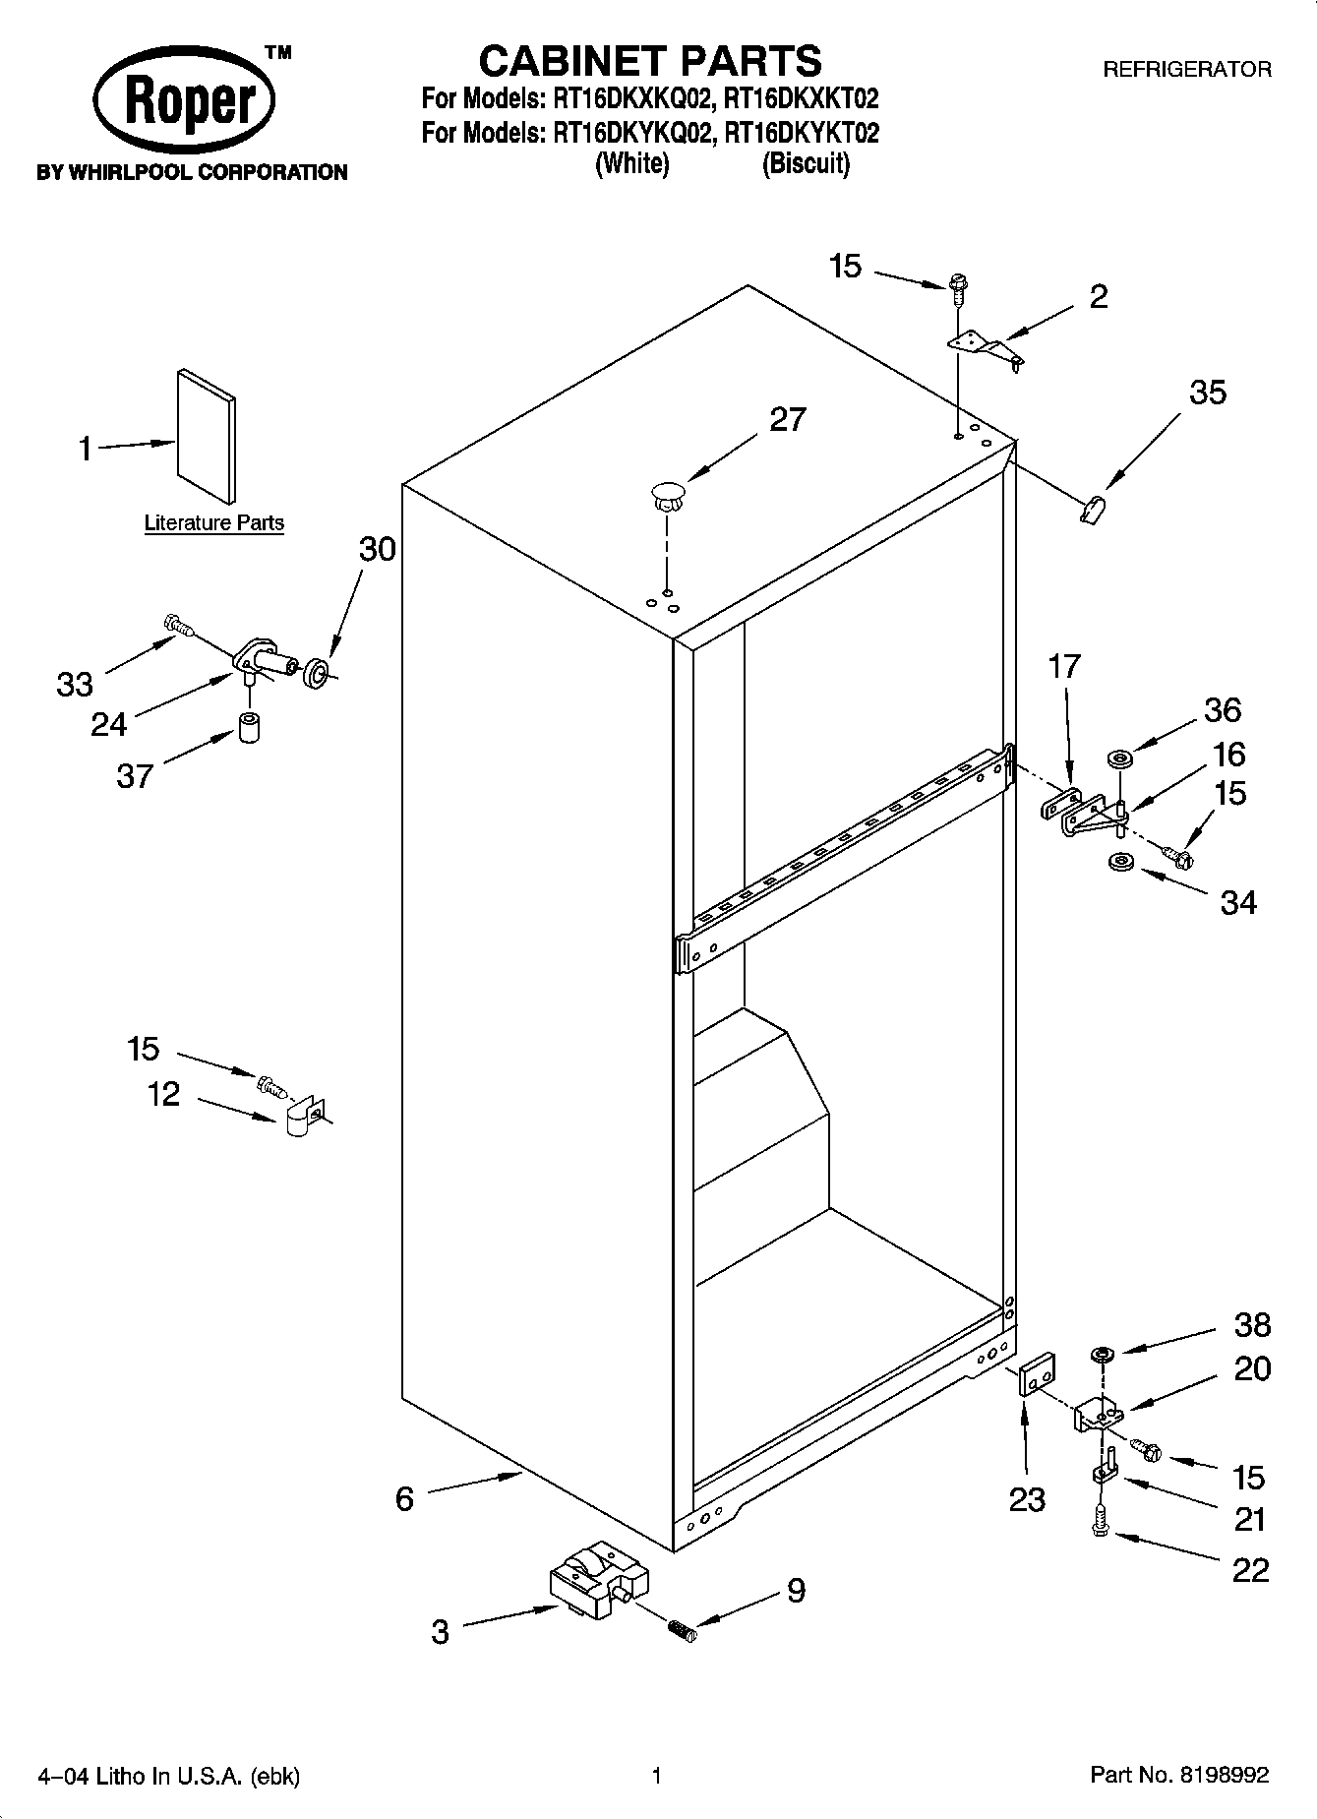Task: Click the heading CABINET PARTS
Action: pos(649,61)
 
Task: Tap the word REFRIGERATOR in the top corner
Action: pos(1186,70)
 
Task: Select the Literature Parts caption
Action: pos(213,523)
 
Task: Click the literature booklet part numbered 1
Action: pos(206,436)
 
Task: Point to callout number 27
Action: pos(787,419)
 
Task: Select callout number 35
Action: pos(1207,393)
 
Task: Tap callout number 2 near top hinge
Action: pos(1098,297)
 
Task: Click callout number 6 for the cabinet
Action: pos(404,1498)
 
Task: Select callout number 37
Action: pos(135,776)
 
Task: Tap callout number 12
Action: pos(163,1093)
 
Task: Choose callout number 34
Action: pos(1237,901)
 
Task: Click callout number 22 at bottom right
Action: pos(1250,1570)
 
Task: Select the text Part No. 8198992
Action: pos(1179,1776)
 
